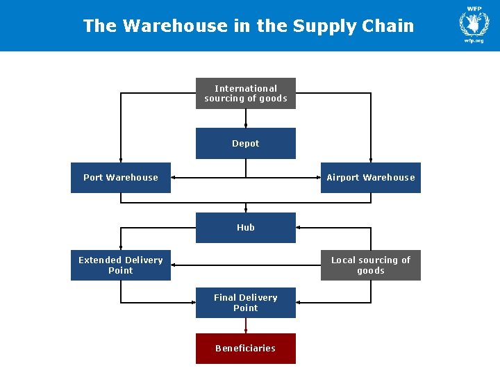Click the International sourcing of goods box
pos(245,94)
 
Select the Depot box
pos(245,144)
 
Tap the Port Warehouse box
pos(120,178)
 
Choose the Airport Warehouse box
pos(370,178)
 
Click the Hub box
pos(245,228)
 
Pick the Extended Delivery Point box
pos(120,265)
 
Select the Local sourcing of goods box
pos(370,265)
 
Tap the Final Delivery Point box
pos(245,303)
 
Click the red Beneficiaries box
pos(245,349)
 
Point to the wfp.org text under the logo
pos(474,41)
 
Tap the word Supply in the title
pos(322,26)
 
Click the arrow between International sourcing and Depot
pos(245,119)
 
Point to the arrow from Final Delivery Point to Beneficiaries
pos(245,326)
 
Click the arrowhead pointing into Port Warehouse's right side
pos(174,178)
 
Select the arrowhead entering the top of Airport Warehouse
pos(370,160)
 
